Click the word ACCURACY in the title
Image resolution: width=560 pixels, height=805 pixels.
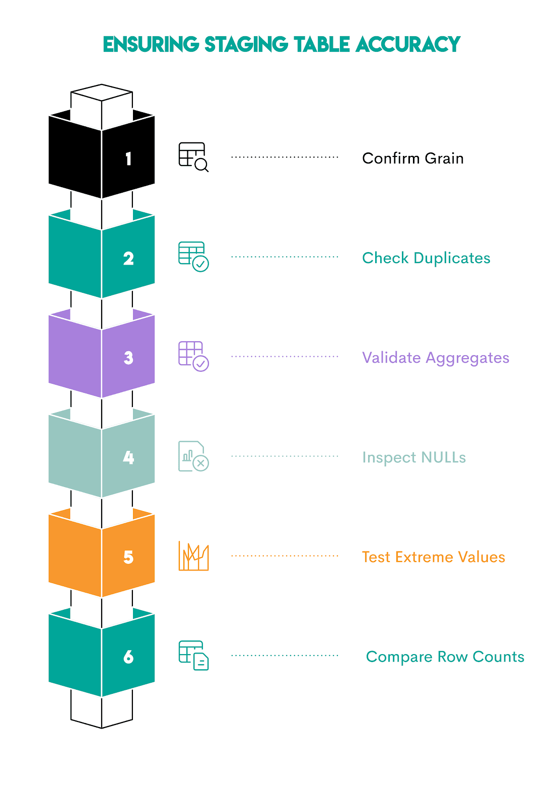tap(407, 44)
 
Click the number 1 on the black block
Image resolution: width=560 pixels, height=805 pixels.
tap(128, 159)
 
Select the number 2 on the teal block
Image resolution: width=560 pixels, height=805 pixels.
tap(128, 259)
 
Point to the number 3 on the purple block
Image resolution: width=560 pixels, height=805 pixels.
tap(128, 358)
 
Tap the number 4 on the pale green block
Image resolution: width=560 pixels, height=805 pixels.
tap(128, 457)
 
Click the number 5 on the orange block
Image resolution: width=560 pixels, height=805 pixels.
tap(128, 557)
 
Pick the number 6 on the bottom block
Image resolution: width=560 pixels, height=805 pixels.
tap(128, 657)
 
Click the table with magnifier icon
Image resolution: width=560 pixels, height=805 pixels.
tap(193, 157)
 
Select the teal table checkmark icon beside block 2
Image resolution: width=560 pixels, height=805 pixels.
tap(193, 257)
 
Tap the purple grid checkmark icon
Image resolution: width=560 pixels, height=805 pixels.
tap(193, 356)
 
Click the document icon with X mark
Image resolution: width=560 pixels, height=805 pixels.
tap(193, 456)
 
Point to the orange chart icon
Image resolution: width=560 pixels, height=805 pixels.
tap(193, 556)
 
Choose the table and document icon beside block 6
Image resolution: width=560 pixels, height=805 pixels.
tap(193, 656)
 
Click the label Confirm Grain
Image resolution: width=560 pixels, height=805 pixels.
tap(412, 158)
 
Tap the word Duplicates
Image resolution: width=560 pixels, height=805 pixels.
tap(452, 258)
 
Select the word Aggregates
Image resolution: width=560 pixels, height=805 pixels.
tap(467, 358)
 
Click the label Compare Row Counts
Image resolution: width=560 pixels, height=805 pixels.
tap(445, 657)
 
